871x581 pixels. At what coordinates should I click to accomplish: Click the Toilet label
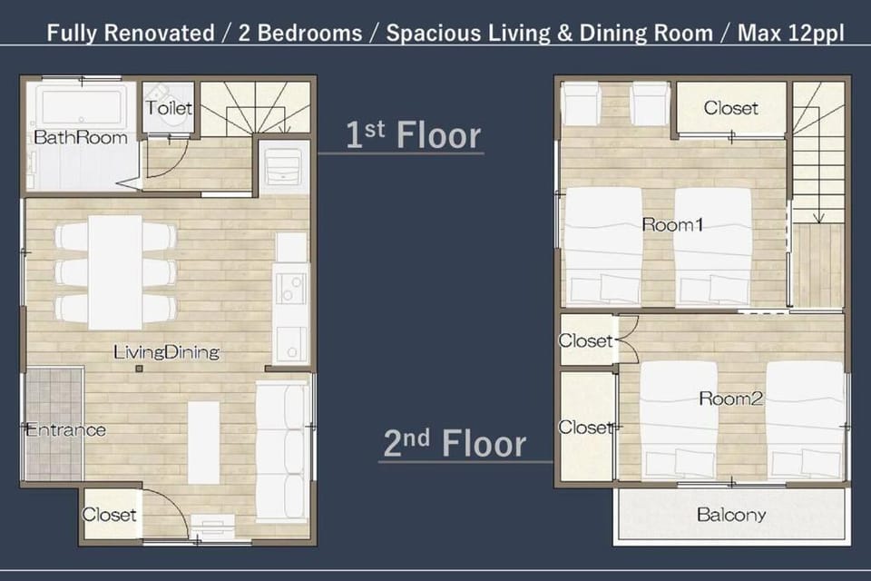pos(169,107)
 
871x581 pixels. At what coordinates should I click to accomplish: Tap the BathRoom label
pos(81,137)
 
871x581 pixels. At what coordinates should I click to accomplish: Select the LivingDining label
pos(167,352)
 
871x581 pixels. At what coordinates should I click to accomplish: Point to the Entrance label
pos(65,429)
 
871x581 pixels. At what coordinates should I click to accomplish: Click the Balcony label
pos(731,515)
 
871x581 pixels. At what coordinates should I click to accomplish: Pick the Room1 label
pos(672,224)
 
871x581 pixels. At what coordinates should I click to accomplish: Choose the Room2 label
pos(730,399)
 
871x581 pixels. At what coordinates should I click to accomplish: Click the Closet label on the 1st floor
pos(109,515)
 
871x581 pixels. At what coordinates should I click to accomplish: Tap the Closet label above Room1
pos(730,107)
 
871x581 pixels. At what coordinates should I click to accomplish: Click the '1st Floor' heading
pos(413,134)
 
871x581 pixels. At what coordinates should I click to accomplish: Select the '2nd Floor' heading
pos(455,443)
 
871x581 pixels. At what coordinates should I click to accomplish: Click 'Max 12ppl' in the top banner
pos(790,33)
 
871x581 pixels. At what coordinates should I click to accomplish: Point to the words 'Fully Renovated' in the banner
pos(131,33)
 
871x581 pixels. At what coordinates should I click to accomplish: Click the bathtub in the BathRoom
pos(81,103)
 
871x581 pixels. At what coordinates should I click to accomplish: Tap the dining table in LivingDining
pos(115,271)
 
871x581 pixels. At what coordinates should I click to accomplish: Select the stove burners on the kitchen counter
pos(290,288)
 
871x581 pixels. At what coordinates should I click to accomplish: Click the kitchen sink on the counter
pos(290,342)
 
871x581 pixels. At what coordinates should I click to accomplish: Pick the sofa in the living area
pos(282,450)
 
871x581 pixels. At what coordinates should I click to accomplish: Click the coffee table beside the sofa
pos(203,442)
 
